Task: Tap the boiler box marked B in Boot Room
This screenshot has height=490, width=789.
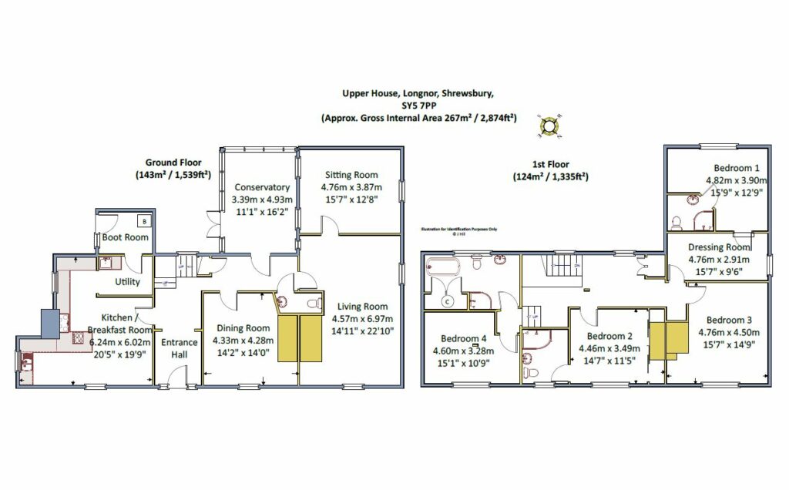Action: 146,222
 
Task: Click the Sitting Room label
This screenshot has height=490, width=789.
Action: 351,175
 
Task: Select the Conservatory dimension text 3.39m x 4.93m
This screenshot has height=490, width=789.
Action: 262,199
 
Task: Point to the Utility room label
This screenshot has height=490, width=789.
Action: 128,282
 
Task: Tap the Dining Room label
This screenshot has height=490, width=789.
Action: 240,327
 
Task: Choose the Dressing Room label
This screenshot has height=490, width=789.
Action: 719,247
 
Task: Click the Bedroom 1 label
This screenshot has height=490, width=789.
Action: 736,168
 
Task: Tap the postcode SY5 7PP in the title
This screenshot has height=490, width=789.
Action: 418,106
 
